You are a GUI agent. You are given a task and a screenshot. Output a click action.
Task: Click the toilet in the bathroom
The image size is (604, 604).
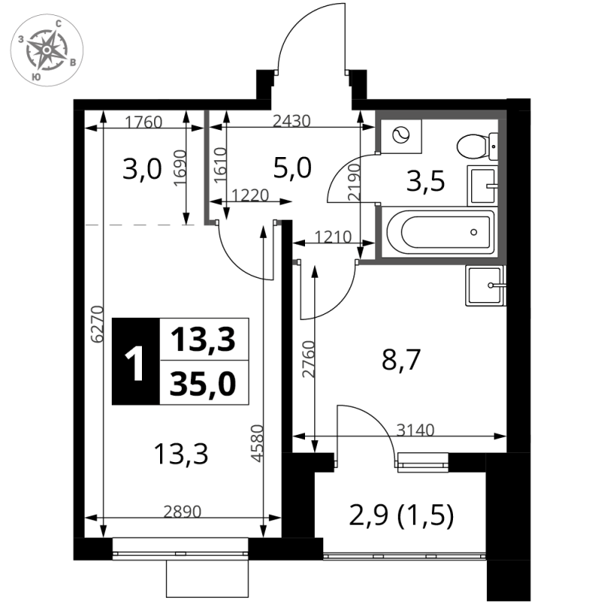(x=478, y=146)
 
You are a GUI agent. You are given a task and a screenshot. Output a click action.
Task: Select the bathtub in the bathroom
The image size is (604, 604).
(x=440, y=232)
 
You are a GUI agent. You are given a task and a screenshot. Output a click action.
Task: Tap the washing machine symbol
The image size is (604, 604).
(x=401, y=136)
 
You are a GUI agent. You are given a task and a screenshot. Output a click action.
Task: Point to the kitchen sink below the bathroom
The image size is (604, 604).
(x=485, y=285)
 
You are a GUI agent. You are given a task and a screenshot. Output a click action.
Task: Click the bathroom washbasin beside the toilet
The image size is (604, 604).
(x=482, y=186)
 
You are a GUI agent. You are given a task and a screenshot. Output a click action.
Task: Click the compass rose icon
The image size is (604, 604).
(x=47, y=50)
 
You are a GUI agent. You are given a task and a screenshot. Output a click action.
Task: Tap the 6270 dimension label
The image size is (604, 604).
(x=97, y=324)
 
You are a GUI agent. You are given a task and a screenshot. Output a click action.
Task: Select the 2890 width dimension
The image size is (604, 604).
(x=182, y=512)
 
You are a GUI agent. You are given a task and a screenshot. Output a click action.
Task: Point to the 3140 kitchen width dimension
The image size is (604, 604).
(x=415, y=430)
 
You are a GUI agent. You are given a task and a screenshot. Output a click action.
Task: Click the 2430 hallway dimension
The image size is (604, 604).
(x=291, y=121)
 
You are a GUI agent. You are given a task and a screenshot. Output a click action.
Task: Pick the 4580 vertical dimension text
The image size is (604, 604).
(x=257, y=443)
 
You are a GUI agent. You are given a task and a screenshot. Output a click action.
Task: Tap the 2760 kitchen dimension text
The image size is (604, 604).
(x=309, y=359)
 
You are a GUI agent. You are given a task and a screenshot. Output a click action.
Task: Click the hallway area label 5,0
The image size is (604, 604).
(x=292, y=168)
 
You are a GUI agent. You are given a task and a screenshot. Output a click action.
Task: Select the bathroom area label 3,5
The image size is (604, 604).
(x=425, y=181)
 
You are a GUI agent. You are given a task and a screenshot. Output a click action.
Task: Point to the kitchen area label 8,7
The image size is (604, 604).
(x=401, y=359)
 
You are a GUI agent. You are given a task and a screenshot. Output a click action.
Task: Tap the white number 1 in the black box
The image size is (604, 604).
(x=134, y=362)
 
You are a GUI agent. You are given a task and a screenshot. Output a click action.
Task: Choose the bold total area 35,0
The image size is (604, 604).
(x=202, y=384)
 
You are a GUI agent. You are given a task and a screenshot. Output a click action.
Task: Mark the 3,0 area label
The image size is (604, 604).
(x=142, y=169)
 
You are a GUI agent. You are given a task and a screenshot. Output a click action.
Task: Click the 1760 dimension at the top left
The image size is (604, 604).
(x=143, y=122)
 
